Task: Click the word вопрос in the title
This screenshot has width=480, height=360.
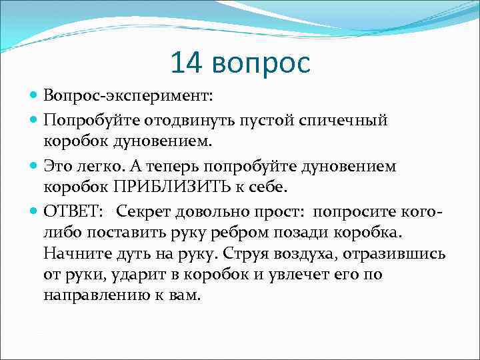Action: (263, 64)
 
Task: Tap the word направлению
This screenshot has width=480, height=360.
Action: (89, 295)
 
